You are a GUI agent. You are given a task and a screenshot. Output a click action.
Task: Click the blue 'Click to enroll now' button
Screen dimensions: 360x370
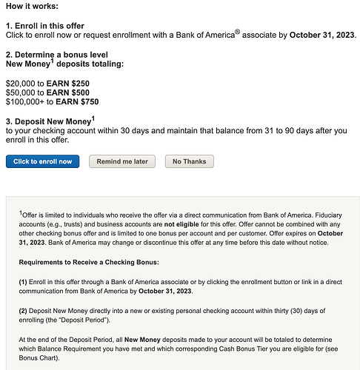tap(42, 161)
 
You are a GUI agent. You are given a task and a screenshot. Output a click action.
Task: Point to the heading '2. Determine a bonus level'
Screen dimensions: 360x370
tap(56, 55)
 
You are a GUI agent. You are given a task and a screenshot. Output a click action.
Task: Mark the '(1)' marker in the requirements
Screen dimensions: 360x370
tap(24, 282)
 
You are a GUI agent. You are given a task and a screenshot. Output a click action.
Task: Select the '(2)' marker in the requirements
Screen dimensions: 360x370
tap(24, 311)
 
